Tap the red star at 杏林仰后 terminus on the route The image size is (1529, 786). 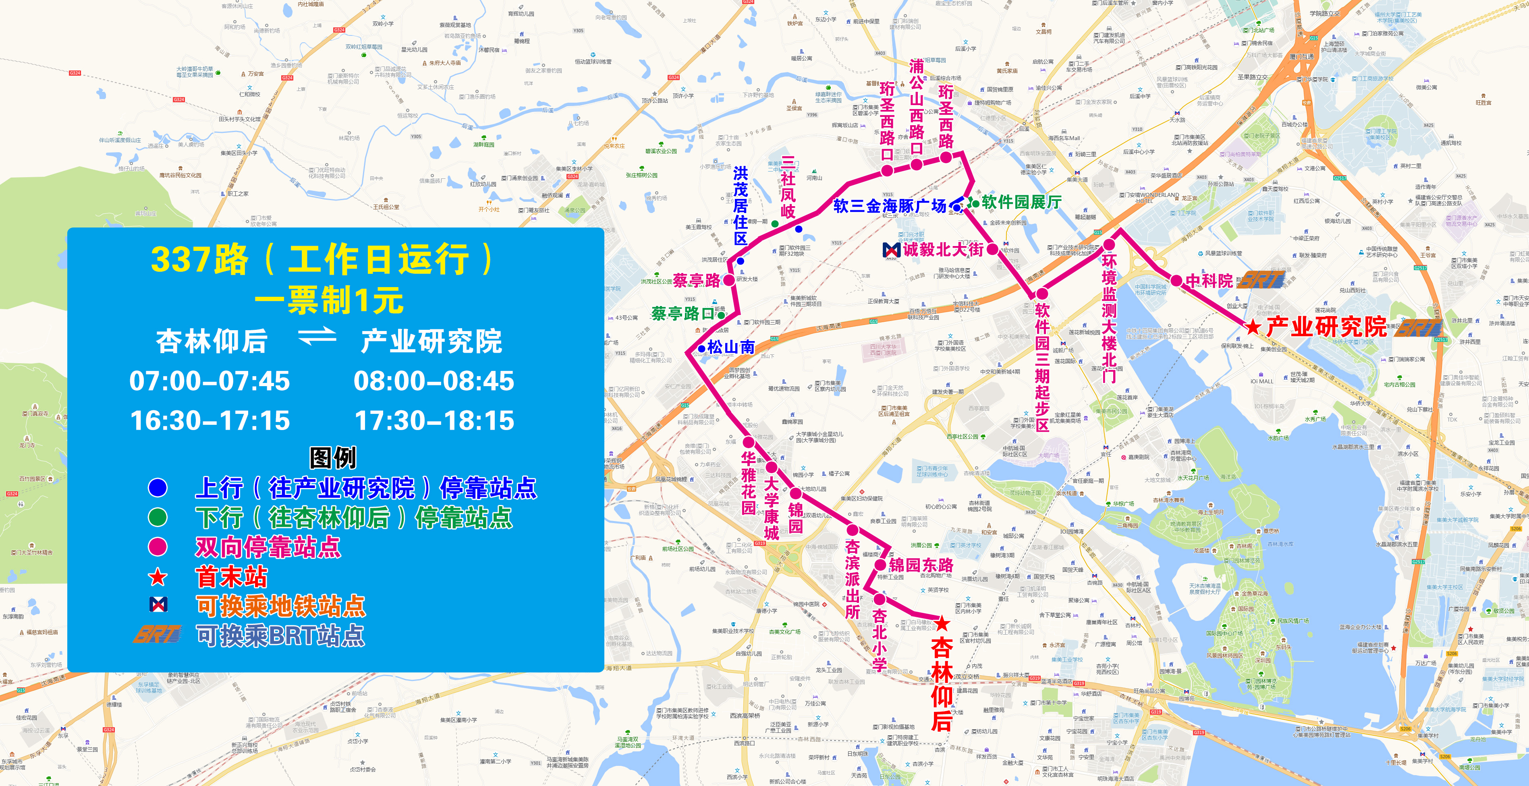coord(942,623)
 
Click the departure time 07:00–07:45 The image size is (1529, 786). coord(210,381)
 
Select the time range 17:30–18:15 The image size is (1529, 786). coord(434,421)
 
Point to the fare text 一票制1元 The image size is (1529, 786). coord(330,300)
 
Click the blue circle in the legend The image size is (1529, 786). coord(157,488)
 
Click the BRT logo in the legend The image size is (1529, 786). coord(157,635)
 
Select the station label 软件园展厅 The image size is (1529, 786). coord(1021,202)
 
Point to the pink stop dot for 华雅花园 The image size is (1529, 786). coord(749,442)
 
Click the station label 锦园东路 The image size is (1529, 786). coord(921,565)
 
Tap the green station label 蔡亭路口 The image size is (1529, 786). coord(682,313)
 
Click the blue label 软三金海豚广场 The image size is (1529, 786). coord(890,206)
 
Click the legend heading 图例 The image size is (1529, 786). coord(332,457)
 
